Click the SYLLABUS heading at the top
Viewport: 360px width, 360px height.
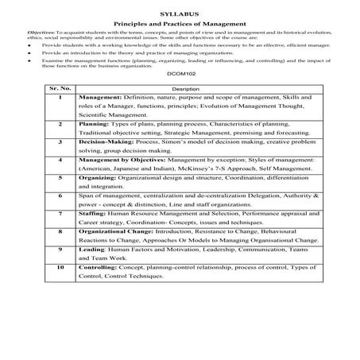pyautogui.click(x=180, y=14)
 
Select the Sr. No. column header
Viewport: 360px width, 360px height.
pyautogui.click(x=60, y=110)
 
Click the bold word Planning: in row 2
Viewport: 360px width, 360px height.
pyautogui.click(x=98, y=148)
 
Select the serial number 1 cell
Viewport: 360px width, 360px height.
pyautogui.click(x=60, y=119)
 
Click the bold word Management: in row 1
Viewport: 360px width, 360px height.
pyautogui.click(x=104, y=119)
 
